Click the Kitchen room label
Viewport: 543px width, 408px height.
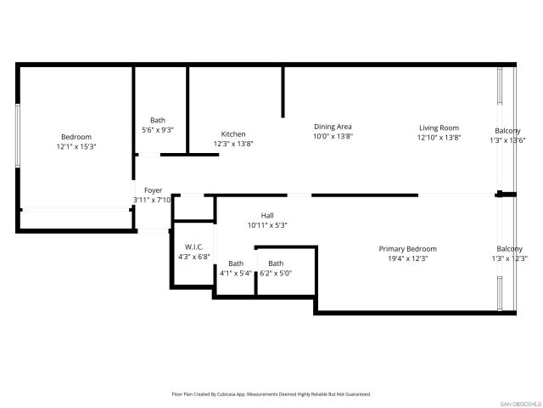pyautogui.click(x=233, y=134)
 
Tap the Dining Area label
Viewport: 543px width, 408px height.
pyautogui.click(x=333, y=127)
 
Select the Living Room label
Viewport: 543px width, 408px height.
pyautogui.click(x=439, y=127)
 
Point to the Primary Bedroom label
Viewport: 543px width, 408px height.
pyautogui.click(x=407, y=249)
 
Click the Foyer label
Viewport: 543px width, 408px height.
pyautogui.click(x=153, y=190)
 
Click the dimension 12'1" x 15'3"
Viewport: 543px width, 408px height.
pyautogui.click(x=76, y=146)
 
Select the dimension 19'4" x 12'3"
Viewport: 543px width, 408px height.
pyautogui.click(x=407, y=258)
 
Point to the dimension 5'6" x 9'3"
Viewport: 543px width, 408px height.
pyautogui.click(x=158, y=129)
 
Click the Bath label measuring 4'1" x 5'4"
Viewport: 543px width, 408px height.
pyautogui.click(x=235, y=263)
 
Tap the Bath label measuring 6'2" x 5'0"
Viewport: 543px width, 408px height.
pyautogui.click(x=276, y=263)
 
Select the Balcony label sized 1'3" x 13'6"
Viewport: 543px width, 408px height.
pyautogui.click(x=508, y=131)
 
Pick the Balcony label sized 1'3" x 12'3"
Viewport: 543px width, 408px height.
pyautogui.click(x=510, y=249)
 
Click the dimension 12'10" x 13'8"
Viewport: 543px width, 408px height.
pyautogui.click(x=439, y=137)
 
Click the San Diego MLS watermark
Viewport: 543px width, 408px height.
pyautogui.click(x=518, y=402)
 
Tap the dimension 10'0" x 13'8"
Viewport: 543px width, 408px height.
pyautogui.click(x=333, y=136)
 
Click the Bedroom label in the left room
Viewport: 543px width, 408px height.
pyautogui.click(x=76, y=137)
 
